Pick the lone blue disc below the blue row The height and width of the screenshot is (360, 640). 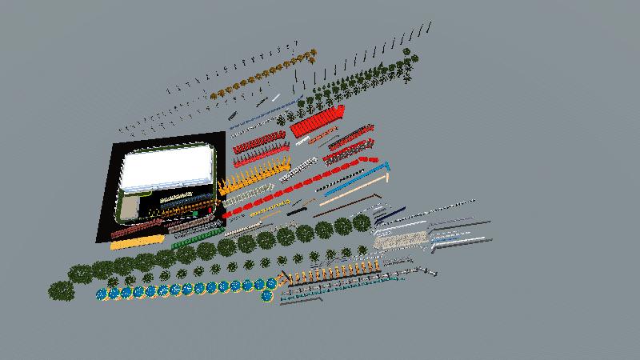click(x=267, y=297)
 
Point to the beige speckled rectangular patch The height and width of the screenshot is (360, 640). click(x=400, y=240)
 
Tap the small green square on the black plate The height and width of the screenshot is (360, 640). click(x=194, y=214)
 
